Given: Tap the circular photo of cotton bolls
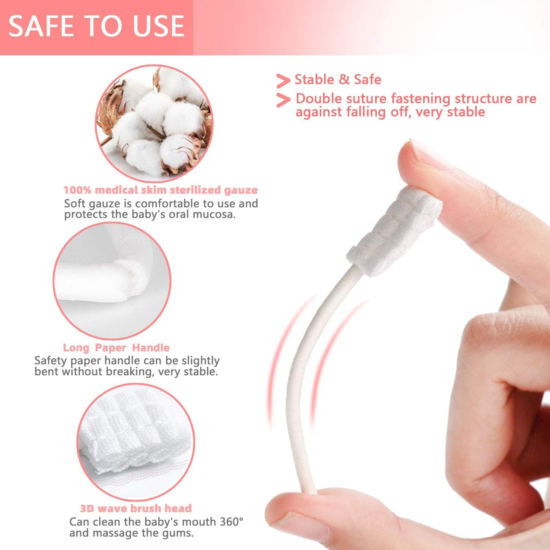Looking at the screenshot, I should pos(154,123).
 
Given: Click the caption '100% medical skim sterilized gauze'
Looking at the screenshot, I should pos(160,190).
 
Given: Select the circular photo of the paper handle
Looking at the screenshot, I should pos(112,281).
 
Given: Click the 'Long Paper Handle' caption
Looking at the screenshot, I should pos(116,348).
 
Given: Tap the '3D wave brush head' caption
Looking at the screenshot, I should pos(136,508).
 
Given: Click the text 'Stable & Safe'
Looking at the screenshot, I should pos(338,80).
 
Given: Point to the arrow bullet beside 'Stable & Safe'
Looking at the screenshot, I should pos(283,81).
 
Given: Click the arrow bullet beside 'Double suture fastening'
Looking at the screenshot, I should pos(283,100).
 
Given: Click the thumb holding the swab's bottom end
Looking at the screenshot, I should pos(301,512).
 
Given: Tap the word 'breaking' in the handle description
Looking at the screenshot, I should pos(129,372).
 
